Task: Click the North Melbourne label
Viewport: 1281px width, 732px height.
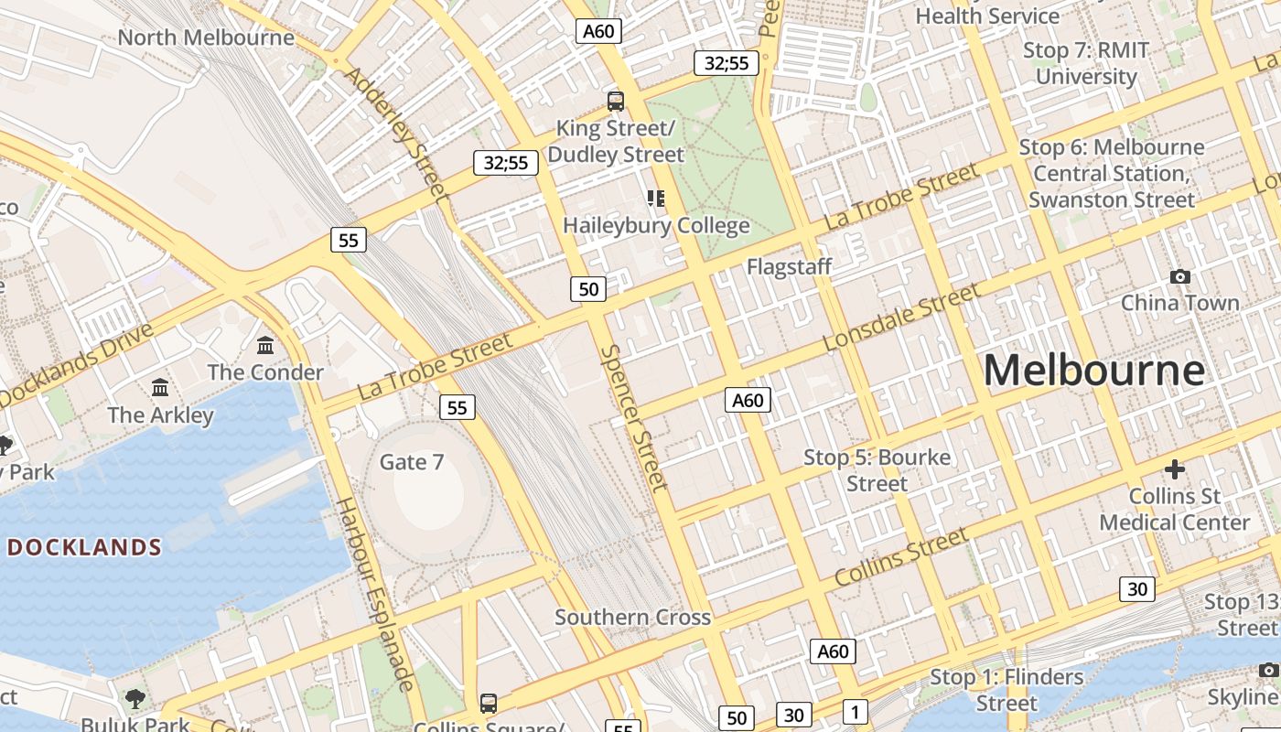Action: pos(206,38)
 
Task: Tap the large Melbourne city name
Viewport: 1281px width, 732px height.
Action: pos(1093,371)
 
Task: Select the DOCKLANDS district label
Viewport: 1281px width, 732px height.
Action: pos(84,547)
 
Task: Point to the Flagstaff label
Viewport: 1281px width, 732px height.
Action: pos(789,267)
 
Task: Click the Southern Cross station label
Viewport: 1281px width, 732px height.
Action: pos(632,618)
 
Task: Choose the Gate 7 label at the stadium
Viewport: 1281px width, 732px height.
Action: pos(412,462)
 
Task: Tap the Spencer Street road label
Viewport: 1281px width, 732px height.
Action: pos(634,417)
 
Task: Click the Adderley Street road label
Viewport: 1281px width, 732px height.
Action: pos(396,134)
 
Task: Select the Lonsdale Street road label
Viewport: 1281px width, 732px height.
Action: pos(900,318)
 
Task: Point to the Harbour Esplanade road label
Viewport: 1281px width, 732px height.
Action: pos(375,594)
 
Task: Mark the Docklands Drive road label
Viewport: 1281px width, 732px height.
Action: pos(77,364)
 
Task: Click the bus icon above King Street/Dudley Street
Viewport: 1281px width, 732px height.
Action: pos(616,101)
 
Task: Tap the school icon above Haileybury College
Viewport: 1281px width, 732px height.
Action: pos(655,198)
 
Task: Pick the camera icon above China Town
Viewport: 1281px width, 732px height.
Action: pos(1180,276)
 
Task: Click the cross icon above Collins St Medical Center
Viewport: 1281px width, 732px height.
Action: pos(1175,470)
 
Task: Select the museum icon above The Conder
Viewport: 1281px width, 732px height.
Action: pos(265,345)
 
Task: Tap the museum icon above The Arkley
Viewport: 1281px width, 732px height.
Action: pos(160,388)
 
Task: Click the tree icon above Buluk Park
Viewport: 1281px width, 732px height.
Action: pos(135,699)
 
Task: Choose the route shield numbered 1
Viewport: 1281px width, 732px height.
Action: pos(855,712)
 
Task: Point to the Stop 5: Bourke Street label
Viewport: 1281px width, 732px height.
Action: pos(877,470)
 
